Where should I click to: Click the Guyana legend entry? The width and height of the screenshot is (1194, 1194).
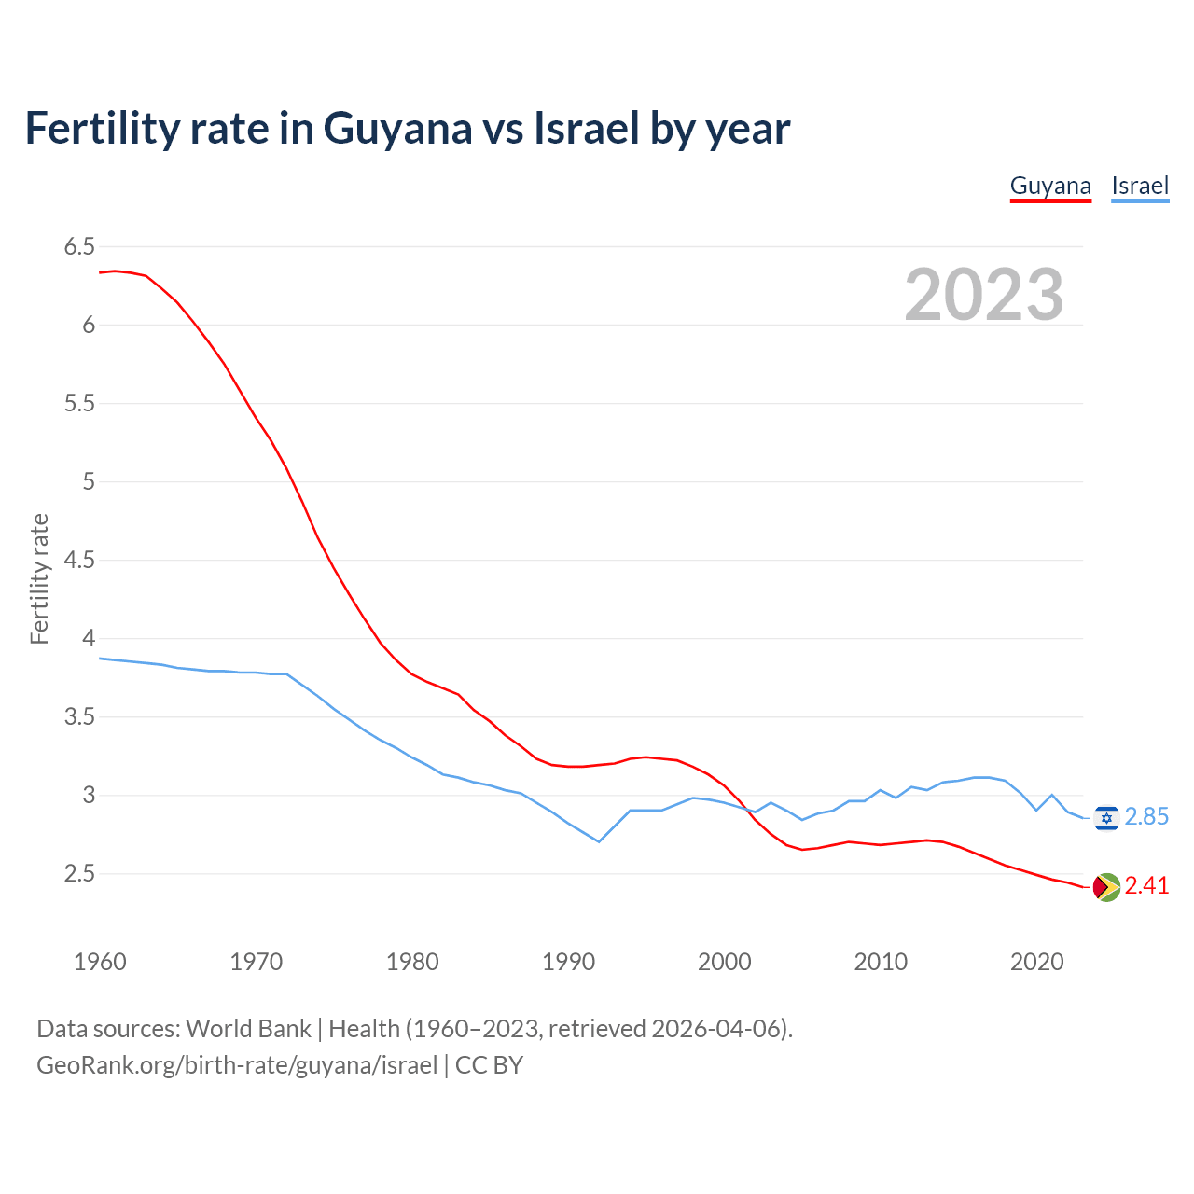1050,186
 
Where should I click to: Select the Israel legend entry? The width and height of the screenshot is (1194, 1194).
1140,186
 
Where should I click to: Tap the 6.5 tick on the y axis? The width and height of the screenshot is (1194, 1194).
79,247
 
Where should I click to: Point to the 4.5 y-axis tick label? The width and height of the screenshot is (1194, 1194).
79,561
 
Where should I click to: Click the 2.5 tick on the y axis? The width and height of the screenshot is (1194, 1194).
79,874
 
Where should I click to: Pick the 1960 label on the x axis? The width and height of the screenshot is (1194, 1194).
100,962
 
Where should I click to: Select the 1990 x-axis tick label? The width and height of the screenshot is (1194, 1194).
568,962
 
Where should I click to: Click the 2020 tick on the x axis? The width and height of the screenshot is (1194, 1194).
1036,962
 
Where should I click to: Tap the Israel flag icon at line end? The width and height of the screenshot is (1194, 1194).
1106,818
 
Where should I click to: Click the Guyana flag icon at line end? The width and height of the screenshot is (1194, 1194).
1106,887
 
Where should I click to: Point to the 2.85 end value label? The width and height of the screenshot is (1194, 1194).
1146,817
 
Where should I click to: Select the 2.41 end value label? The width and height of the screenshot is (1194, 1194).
1146,886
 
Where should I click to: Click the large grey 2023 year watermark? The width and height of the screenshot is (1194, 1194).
984,295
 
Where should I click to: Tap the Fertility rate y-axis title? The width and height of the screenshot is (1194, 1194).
39,578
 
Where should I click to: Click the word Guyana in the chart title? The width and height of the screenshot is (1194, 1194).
397,128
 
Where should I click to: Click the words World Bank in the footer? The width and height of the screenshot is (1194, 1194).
248,1029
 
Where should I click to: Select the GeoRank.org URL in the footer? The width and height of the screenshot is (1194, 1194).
236,1065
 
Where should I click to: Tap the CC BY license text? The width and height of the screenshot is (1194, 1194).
489,1065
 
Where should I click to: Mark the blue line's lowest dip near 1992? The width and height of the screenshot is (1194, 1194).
599,841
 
